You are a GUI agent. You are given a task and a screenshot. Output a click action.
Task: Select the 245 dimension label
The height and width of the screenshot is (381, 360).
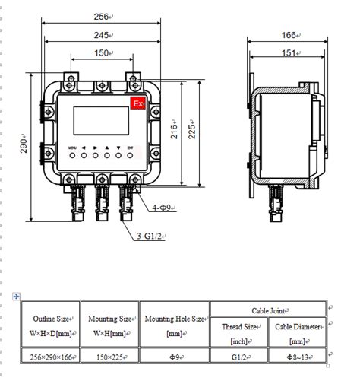point(102,35)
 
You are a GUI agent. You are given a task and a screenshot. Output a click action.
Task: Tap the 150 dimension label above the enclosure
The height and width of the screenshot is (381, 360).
point(102,53)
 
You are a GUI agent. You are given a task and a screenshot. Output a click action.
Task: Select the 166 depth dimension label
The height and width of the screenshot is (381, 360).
point(289,34)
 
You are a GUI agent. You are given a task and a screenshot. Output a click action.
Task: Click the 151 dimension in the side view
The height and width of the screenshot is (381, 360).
point(289,52)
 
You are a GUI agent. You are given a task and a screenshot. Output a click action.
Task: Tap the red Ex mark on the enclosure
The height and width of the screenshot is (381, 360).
point(137,103)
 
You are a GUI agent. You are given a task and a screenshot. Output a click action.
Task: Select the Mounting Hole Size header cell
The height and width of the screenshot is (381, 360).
point(175,325)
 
